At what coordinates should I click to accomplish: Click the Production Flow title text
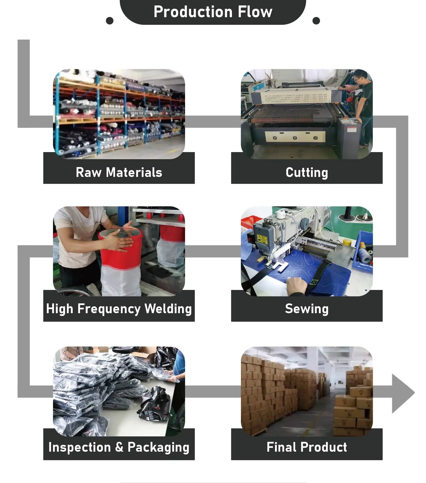pos(213,12)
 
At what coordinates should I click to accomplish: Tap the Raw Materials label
pos(119,173)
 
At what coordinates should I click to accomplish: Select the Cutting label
pos(307,173)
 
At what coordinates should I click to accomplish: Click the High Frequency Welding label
pos(119,309)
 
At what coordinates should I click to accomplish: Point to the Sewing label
pos(307,309)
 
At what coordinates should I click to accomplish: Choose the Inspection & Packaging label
pos(119,447)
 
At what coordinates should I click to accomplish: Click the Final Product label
pos(307,447)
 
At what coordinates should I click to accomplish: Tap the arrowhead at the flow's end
pos(402,393)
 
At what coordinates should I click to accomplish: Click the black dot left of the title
pos(110,21)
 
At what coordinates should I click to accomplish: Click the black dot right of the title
pos(316,21)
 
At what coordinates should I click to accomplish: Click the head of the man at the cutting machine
pos(360,77)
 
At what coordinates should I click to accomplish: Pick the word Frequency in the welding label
pos(109,309)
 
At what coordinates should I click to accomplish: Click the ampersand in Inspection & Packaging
pos(119,447)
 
